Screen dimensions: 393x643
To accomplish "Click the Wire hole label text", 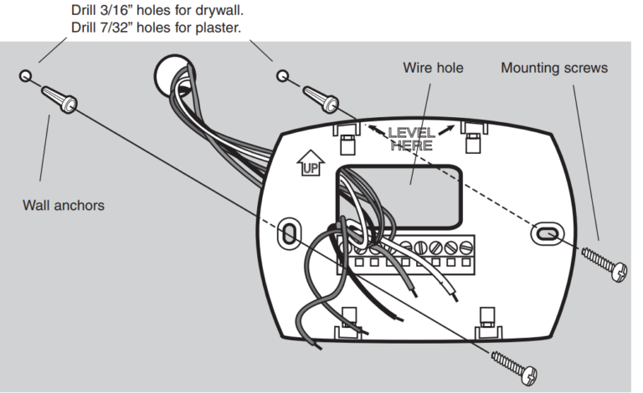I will [433, 67].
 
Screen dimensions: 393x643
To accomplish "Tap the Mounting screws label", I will [553, 67].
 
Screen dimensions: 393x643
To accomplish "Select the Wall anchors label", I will [64, 204].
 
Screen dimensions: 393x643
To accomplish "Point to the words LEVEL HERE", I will [410, 138].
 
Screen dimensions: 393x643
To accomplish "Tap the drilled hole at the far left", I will [25, 76].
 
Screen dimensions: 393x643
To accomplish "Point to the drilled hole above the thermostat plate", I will [284, 77].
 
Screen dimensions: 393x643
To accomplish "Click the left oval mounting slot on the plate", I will [288, 232].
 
